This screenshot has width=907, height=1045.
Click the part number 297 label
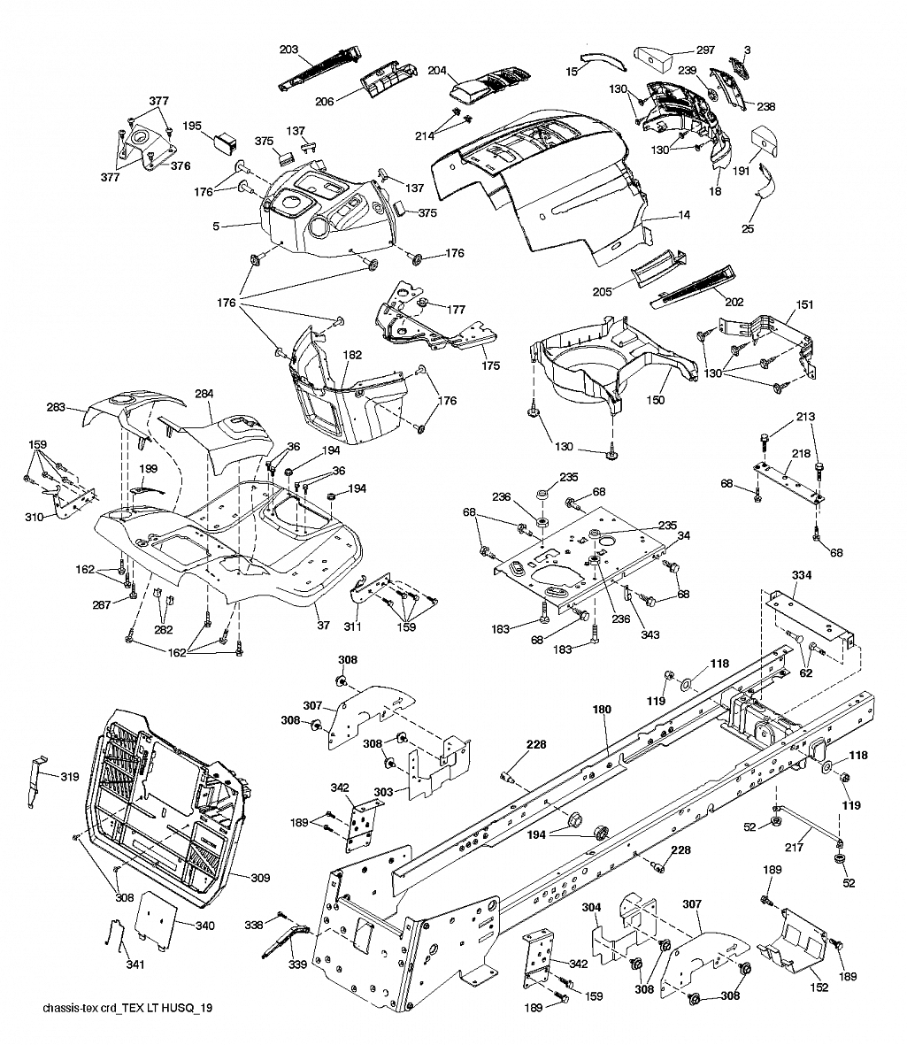coord(705,50)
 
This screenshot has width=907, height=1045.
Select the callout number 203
coord(288,50)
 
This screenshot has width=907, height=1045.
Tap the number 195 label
coord(192,126)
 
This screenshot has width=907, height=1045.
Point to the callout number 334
coord(801,574)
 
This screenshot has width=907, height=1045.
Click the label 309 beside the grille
coord(260,878)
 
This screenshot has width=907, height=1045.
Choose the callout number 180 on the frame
coord(602,709)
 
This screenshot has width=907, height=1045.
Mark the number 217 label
coord(794,847)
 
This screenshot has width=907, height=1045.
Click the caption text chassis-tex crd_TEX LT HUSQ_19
coord(127,1008)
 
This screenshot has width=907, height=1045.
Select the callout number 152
coord(819,987)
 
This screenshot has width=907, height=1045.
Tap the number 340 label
coord(204,926)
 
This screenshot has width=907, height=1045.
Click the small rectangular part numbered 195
coord(225,141)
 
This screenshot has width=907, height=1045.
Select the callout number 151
coord(805,304)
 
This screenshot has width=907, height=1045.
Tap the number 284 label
coord(204,394)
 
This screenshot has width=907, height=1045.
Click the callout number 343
coord(650,634)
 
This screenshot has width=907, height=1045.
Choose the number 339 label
coord(298,964)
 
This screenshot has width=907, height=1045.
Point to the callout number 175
coord(490,365)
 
